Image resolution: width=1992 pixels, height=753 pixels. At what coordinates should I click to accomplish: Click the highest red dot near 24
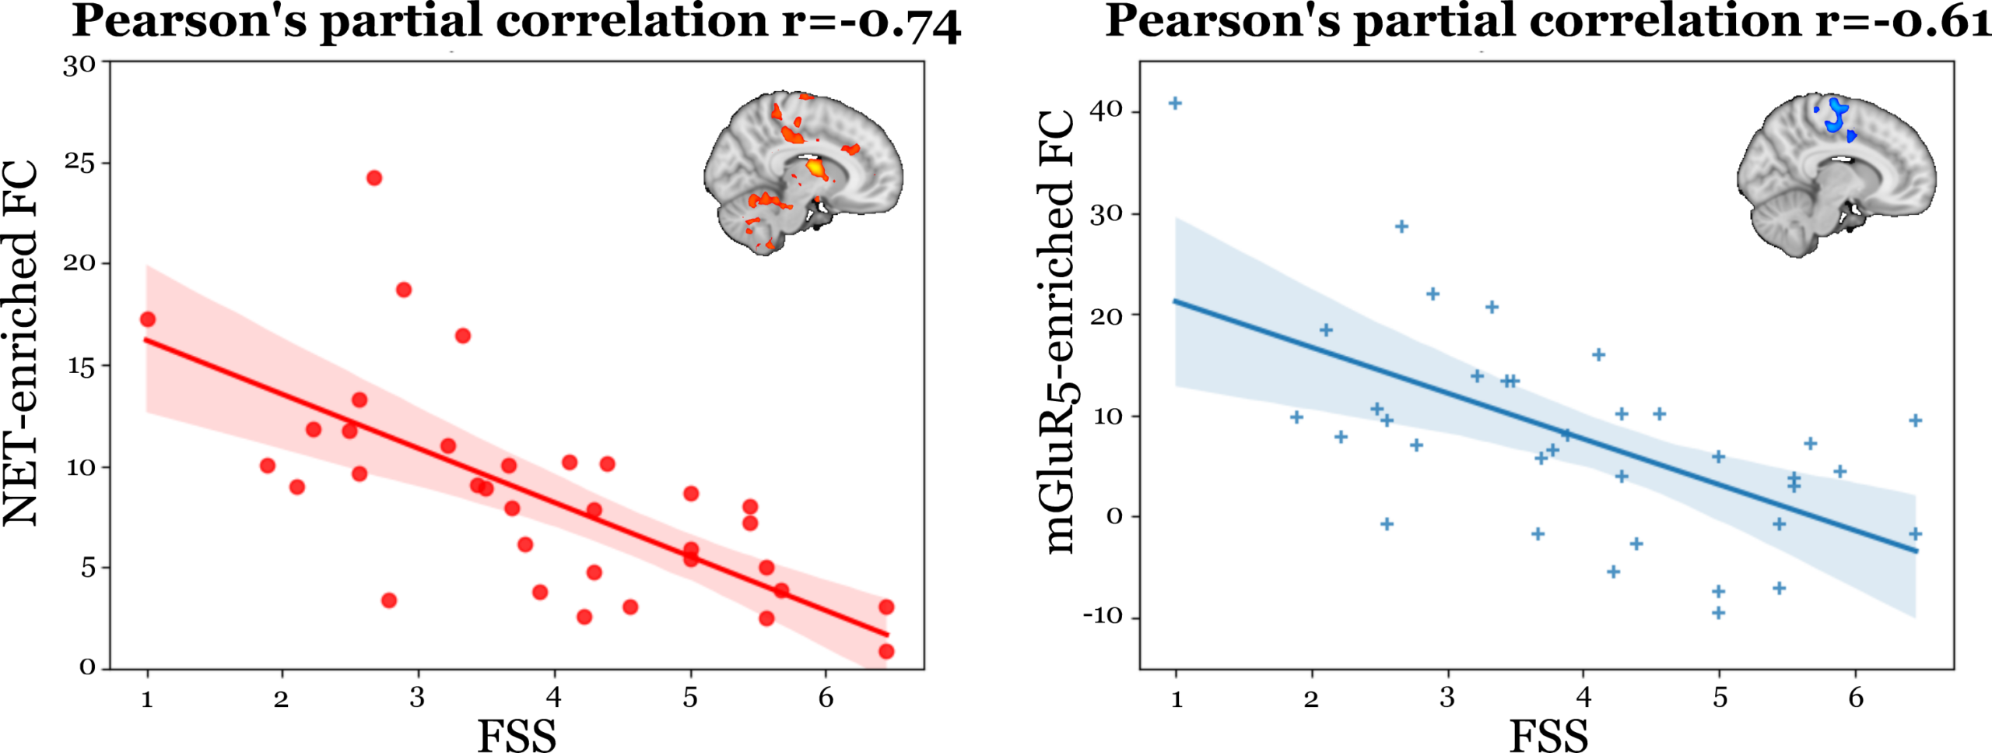(373, 178)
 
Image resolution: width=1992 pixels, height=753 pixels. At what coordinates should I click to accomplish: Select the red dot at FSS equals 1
(148, 319)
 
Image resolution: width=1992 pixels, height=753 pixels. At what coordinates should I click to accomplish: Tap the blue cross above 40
(1175, 104)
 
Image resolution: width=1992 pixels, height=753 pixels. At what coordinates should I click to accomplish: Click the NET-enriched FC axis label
(22, 343)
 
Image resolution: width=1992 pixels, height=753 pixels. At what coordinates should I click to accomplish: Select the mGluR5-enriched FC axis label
(1060, 333)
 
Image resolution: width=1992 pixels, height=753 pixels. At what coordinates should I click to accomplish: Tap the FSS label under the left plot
(516, 735)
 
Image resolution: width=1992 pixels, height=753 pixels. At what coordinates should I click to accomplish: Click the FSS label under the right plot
(1548, 735)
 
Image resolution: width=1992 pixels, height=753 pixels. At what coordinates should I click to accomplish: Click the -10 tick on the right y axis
(1103, 617)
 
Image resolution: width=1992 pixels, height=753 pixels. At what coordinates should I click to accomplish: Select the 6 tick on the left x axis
(826, 698)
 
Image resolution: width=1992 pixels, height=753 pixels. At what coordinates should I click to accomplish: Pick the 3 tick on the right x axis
(1447, 698)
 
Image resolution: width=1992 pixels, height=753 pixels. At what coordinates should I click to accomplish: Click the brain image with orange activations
(804, 172)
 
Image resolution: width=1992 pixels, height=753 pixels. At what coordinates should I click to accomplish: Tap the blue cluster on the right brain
(1837, 117)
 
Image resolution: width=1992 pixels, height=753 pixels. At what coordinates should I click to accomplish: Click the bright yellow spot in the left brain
(814, 167)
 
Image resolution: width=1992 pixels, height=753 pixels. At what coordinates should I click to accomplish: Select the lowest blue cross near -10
(1718, 614)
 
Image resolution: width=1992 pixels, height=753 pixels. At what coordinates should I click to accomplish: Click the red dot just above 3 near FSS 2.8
(389, 600)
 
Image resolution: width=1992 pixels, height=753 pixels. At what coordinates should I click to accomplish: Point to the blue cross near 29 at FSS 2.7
(1401, 227)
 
